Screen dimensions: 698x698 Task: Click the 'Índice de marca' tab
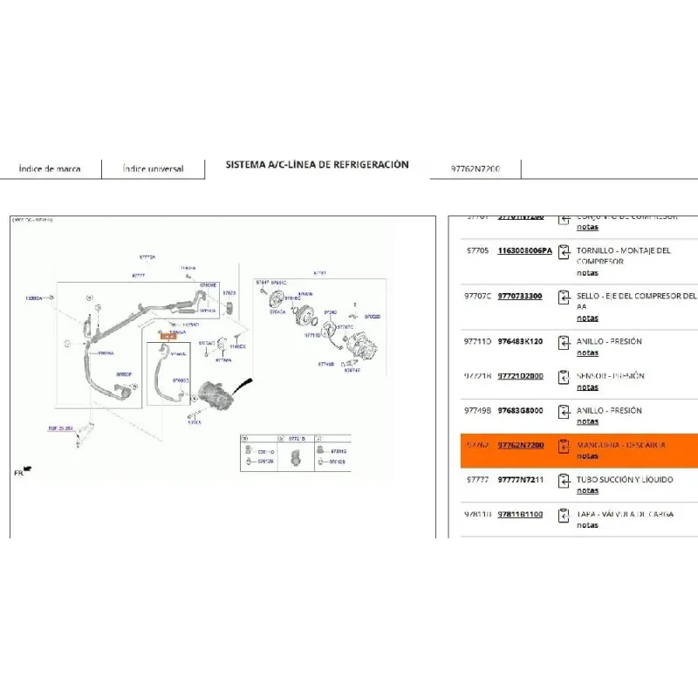click(50, 168)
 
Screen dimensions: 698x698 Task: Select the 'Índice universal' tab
click(153, 168)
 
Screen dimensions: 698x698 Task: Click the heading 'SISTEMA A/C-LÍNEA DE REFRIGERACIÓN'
click(317, 164)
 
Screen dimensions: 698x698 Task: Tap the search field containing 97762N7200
click(476, 168)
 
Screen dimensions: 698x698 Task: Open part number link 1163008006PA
click(524, 250)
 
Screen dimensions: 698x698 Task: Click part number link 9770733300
click(520, 296)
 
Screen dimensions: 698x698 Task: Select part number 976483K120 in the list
click(520, 341)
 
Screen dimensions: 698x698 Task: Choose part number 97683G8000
click(520, 410)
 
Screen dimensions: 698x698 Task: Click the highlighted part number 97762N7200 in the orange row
click(521, 445)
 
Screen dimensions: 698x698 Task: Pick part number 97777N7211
click(520, 479)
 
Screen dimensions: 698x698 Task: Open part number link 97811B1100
click(520, 514)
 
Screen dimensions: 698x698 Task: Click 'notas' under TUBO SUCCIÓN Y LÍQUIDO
click(587, 490)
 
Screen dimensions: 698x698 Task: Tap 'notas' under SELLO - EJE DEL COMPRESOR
click(587, 318)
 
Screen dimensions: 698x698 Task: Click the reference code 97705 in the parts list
click(476, 250)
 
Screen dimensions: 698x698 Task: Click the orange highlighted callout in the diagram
click(168, 336)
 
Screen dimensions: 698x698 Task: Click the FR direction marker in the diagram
click(21, 471)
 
